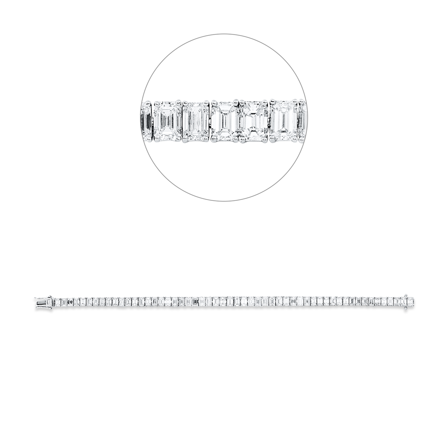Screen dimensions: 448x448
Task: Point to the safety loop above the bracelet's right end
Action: pos(405,297)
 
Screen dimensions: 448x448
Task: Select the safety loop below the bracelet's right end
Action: pos(405,306)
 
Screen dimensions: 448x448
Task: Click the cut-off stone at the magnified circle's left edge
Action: pos(146,121)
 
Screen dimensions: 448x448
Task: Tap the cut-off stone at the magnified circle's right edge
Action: pos(302,121)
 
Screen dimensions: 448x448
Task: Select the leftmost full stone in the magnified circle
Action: pos(167,121)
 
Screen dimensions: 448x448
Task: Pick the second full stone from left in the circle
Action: pos(196,121)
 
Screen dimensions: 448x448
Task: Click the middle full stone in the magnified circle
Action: pos(224,121)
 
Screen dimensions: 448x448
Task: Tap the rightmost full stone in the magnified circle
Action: pos(283,121)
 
